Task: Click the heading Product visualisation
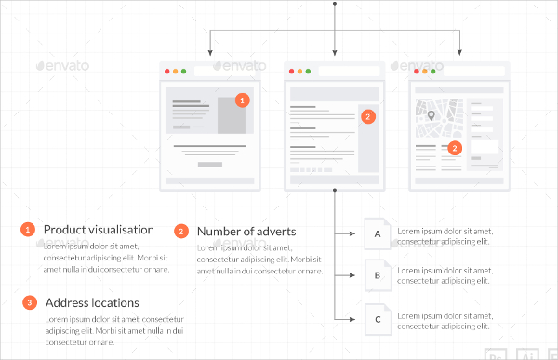coord(99,229)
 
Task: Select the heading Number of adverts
coord(246,231)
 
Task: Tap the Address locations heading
coord(92,302)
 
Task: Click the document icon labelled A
coord(377,233)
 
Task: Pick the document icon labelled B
coord(377,276)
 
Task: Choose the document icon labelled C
coord(377,319)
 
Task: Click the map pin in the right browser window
coord(431,116)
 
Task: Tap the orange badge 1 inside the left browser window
coord(242,100)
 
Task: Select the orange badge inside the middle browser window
coord(368,117)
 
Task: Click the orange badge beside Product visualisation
coord(28,229)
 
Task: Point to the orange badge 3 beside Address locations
coord(29,302)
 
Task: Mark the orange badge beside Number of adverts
coord(180,231)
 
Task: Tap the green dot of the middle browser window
coord(308,72)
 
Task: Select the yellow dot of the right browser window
coord(425,72)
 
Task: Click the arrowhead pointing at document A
coord(354,233)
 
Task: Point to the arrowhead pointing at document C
coord(354,319)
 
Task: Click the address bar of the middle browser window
coord(348,72)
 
